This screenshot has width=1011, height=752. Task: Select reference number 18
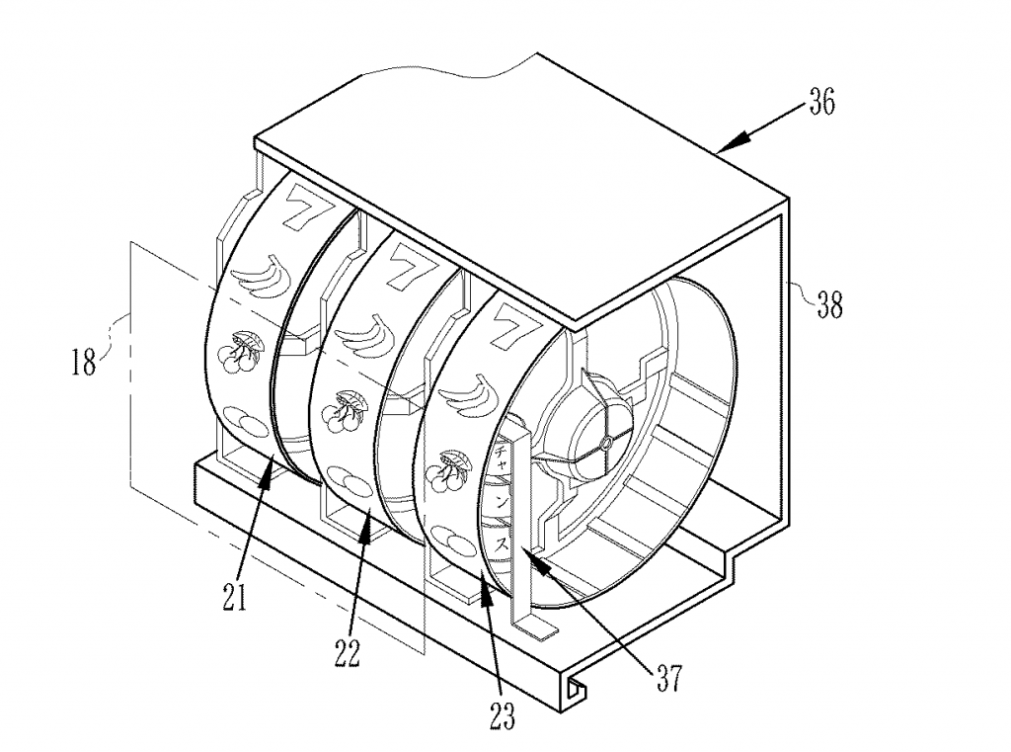[x=84, y=362]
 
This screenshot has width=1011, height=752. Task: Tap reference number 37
[x=668, y=679]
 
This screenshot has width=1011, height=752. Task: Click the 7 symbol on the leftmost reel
[x=297, y=209]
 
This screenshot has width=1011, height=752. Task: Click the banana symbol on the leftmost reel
[x=259, y=278]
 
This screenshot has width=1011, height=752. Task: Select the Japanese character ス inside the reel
[x=501, y=543]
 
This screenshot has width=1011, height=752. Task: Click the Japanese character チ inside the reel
[x=500, y=459]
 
